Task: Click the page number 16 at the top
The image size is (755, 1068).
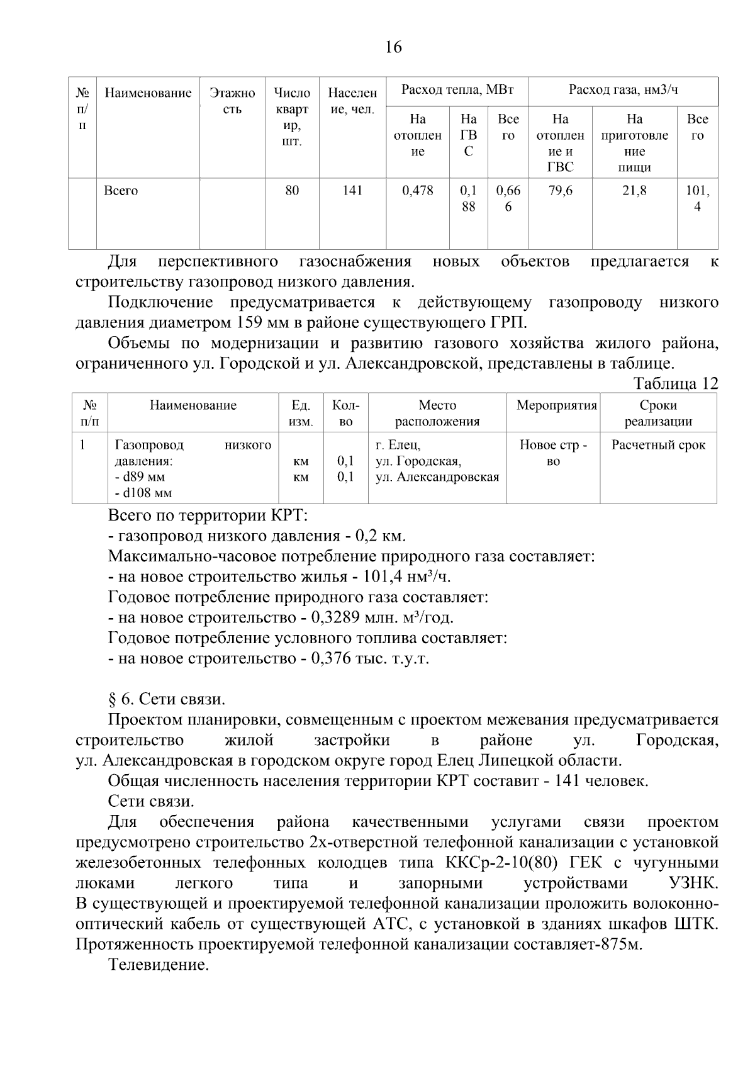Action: [393, 47]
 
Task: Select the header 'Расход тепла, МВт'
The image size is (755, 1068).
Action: [457, 90]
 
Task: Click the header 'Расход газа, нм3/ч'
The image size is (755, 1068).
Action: [623, 90]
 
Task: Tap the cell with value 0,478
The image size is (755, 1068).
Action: [418, 191]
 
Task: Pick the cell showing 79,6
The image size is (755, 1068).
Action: [560, 191]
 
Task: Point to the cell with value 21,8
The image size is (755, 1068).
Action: [634, 191]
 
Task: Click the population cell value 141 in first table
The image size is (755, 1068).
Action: [352, 191]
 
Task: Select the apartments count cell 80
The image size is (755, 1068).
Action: [292, 191]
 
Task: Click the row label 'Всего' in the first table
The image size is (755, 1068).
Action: [121, 191]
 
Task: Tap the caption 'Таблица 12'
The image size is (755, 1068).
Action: [675, 384]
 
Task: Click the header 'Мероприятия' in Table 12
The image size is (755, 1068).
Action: [556, 405]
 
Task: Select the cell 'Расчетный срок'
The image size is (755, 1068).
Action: [658, 445]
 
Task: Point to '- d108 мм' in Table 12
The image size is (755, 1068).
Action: [143, 493]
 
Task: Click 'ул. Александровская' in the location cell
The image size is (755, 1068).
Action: [437, 477]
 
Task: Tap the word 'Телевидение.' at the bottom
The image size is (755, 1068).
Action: [158, 965]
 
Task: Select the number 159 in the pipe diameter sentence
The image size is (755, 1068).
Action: [249, 323]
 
